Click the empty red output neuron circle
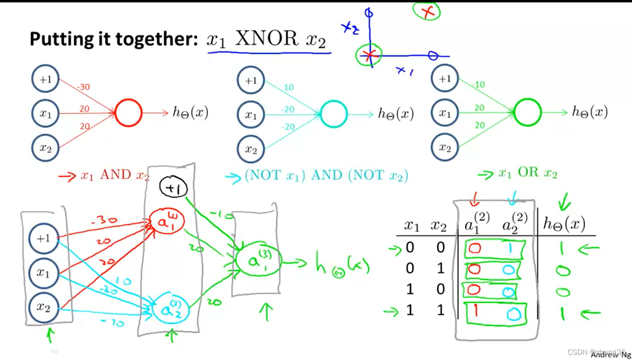coord(128,113)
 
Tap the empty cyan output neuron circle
coord(334,114)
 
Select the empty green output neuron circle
coord(527,113)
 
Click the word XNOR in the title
coord(266,39)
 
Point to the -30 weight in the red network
coord(83,87)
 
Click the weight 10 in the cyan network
coord(289,87)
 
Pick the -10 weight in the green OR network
coord(479,84)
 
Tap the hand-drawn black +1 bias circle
coord(173,187)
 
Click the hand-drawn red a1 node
coord(167,221)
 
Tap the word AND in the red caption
coord(115,174)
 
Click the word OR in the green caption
coord(528,172)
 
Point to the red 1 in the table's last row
coord(476,311)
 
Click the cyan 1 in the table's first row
coord(510,249)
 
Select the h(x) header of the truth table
coord(564,224)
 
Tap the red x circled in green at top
coord(427,11)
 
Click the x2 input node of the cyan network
coord(251,150)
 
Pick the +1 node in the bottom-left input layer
coord(43,238)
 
